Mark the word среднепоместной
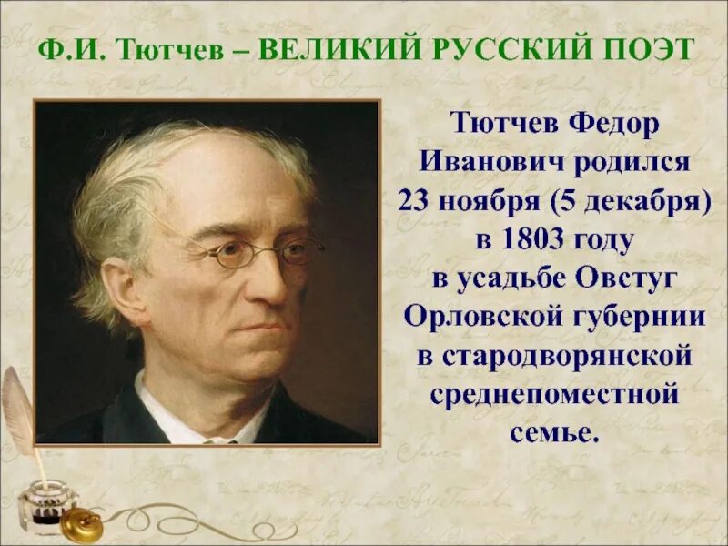coord(554,393)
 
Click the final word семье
coord(554,431)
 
